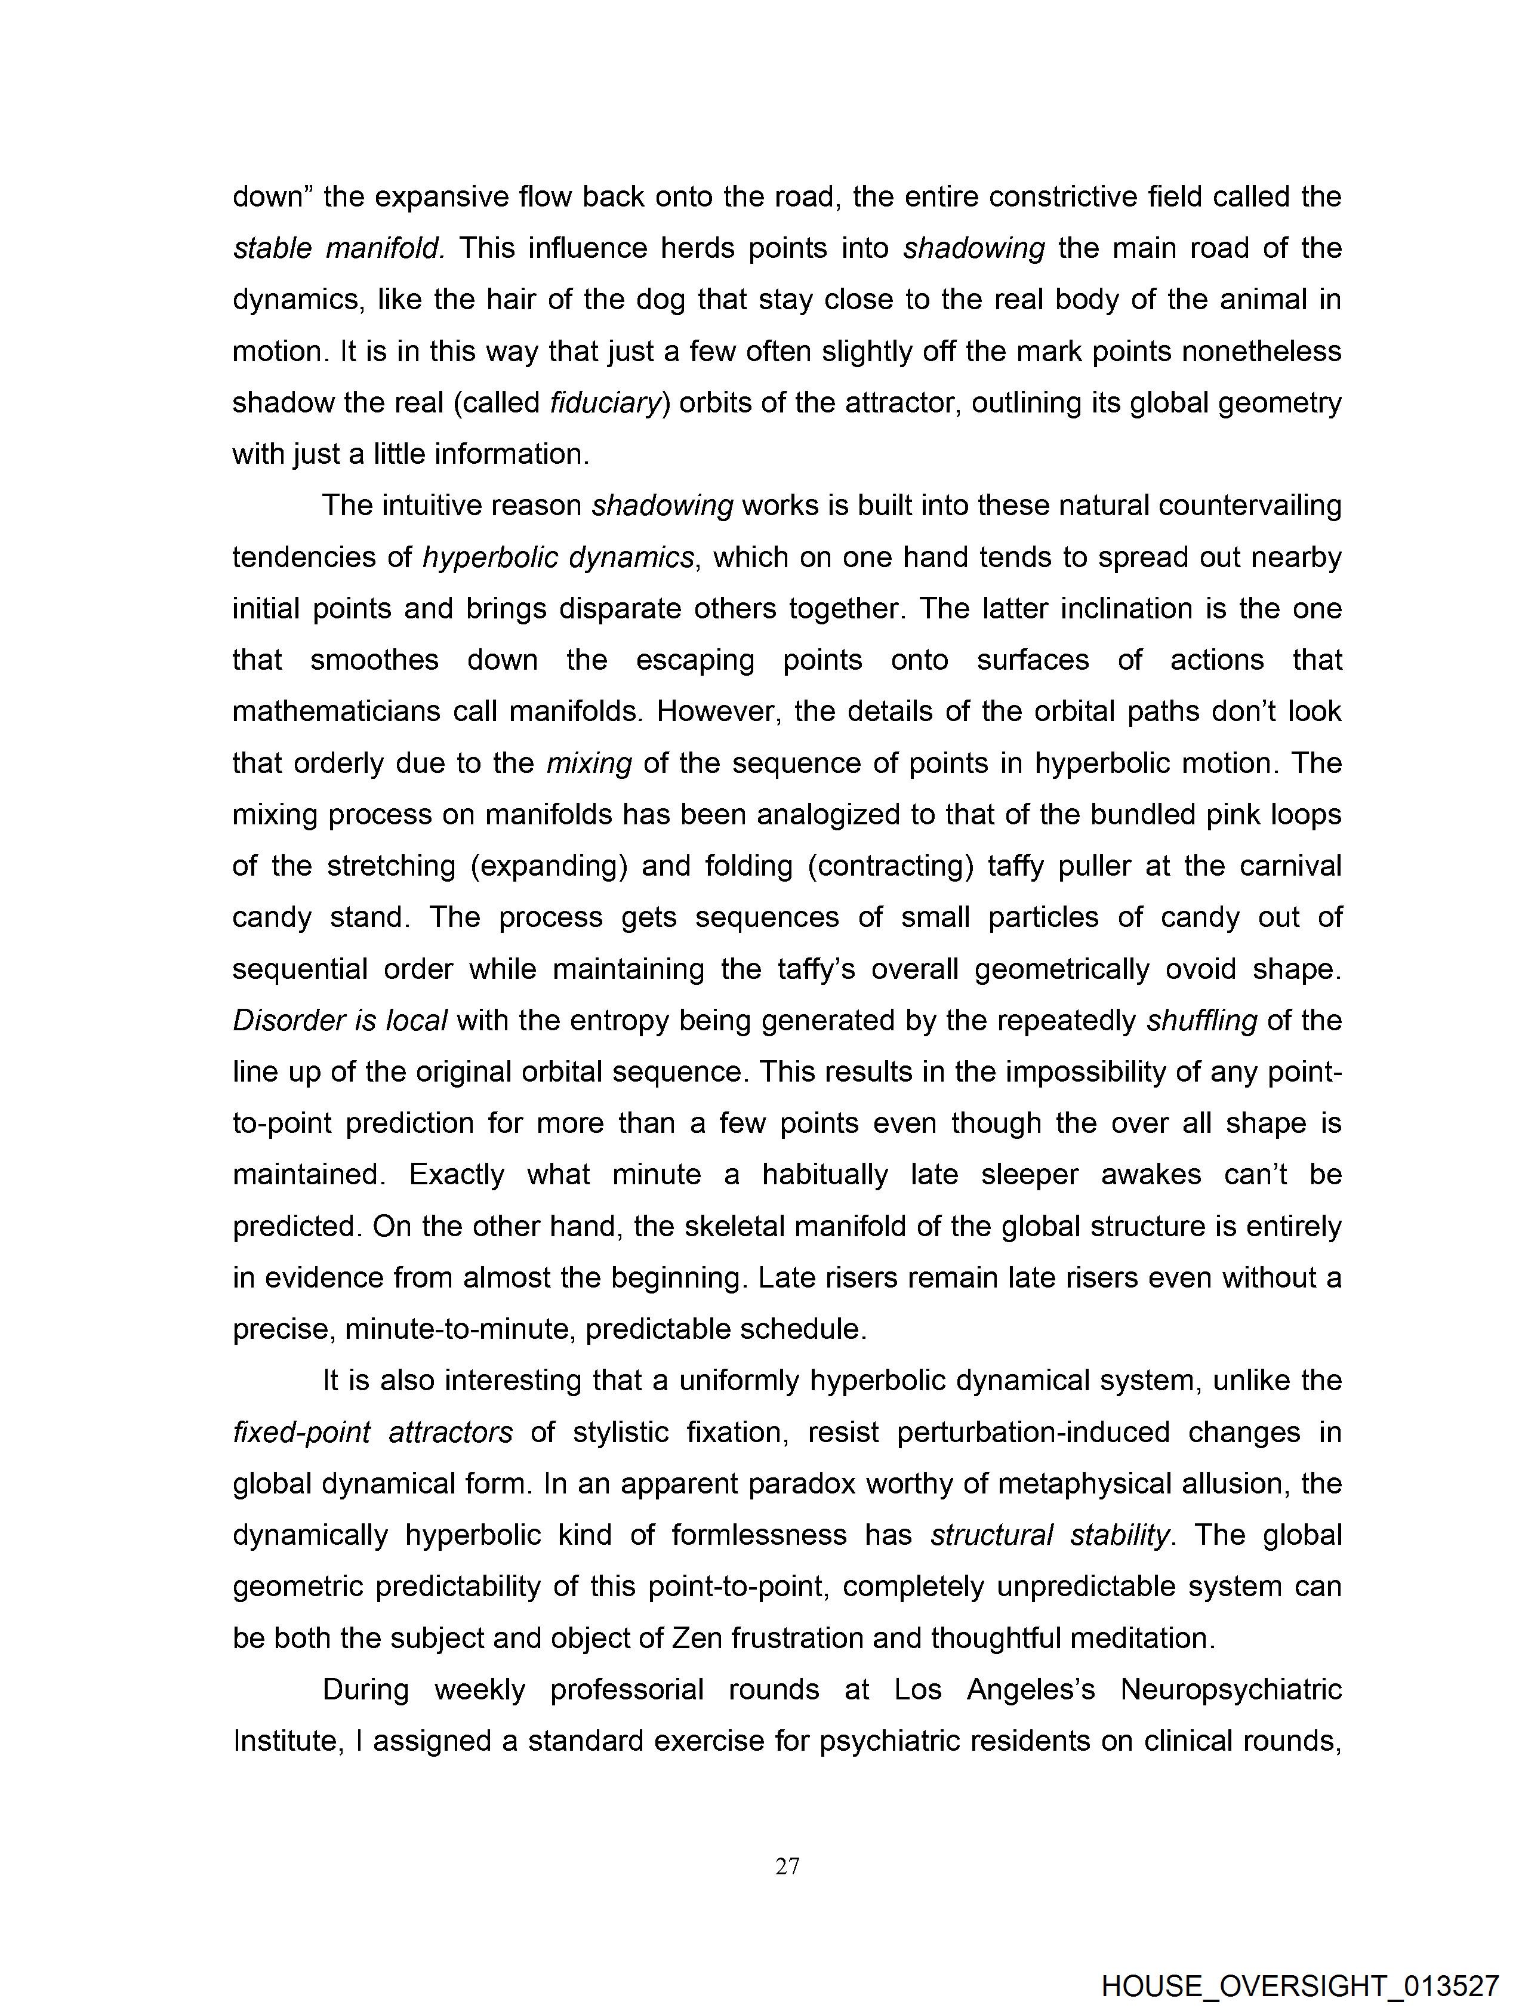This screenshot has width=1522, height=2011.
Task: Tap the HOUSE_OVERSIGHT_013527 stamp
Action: point(1299,1985)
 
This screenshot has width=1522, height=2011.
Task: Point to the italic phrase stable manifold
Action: point(338,248)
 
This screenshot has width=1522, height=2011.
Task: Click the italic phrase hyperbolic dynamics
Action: point(558,558)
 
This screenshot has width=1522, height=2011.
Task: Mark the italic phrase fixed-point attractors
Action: point(373,1433)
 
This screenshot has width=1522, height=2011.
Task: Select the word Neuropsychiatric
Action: point(1231,1690)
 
